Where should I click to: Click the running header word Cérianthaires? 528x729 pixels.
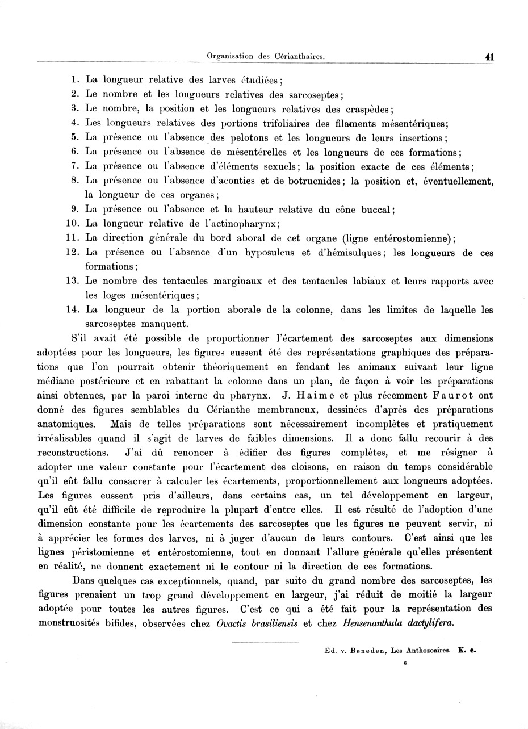pyautogui.click(x=300, y=56)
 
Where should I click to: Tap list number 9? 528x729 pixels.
pyautogui.click(x=75, y=209)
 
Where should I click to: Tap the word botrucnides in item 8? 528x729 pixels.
pyautogui.click(x=314, y=181)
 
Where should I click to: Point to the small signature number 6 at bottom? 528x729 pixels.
pyautogui.click(x=405, y=662)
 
